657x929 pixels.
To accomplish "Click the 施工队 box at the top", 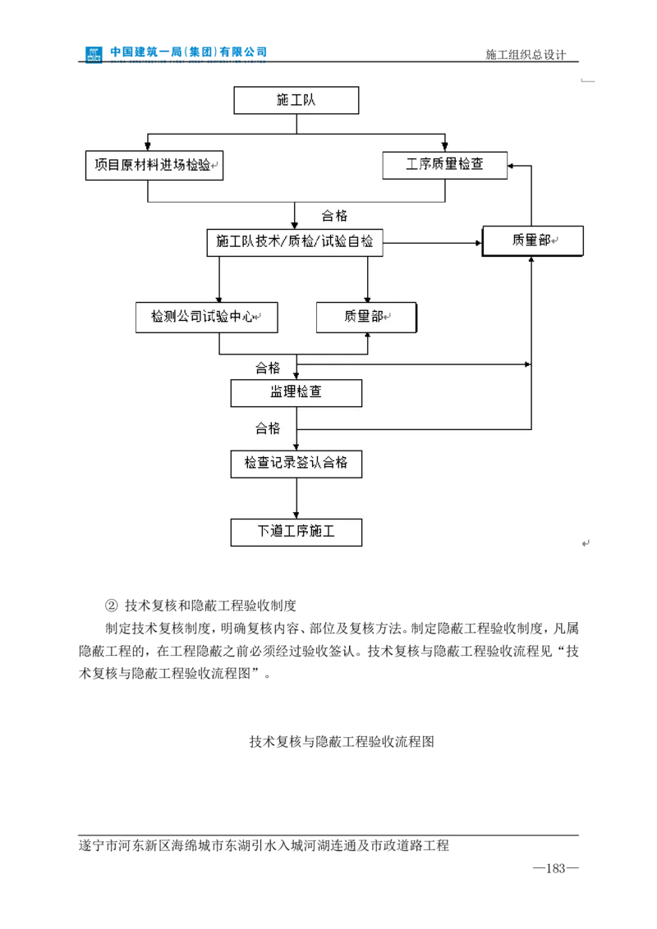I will pos(296,101).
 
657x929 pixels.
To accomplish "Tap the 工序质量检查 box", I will pos(445,165).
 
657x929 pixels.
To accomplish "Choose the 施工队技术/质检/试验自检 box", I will pos(295,242).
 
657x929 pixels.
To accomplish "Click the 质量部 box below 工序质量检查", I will pos(532,240).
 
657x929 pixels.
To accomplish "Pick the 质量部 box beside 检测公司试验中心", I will pos(366,317).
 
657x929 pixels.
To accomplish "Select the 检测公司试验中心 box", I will pos(207,317).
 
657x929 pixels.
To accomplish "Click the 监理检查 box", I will pos(296,392).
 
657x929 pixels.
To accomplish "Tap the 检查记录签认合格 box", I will pos(296,463).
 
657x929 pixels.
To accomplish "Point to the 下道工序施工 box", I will pos(296,532).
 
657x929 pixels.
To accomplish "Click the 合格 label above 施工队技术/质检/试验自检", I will pos(334,216).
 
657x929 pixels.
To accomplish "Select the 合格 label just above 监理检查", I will pos(268,368).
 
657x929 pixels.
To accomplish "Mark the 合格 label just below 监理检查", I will pos(268,428).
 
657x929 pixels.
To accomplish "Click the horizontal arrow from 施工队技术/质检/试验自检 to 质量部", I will pos(432,243).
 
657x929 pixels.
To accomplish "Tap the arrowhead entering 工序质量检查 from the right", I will pos(512,166).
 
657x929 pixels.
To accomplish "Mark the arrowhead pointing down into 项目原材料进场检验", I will pos(148,146).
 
